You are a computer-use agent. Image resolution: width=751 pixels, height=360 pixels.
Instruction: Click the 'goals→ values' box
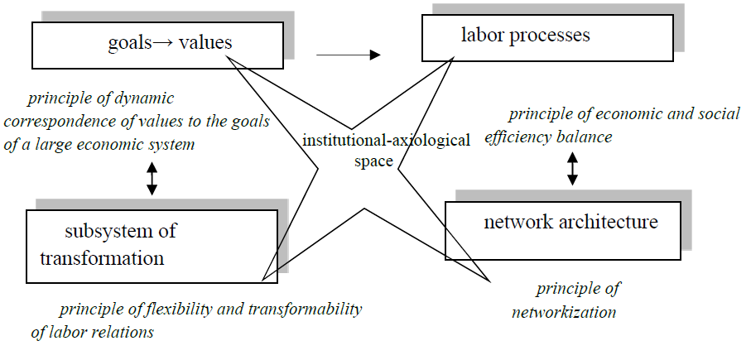coord(156,45)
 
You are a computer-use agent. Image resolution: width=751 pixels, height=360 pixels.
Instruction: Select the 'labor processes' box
coord(547,37)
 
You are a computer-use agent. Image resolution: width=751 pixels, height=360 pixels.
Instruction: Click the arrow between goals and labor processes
coord(348,55)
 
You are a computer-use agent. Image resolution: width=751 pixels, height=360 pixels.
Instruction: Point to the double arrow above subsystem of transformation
coord(151,178)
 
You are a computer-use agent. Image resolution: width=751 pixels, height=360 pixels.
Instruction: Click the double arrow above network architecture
coord(572,167)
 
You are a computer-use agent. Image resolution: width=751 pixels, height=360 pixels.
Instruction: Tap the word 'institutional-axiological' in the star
coord(386,140)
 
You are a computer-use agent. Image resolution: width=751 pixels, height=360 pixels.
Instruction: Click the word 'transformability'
coord(303,310)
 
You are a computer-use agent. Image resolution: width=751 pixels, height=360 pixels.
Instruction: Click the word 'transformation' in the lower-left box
coord(102,257)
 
